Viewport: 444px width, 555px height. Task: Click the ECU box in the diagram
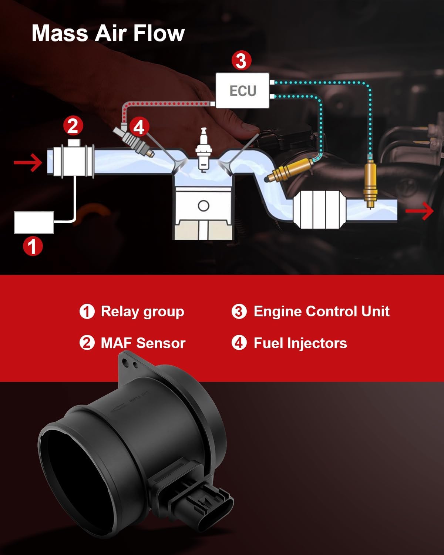pyautogui.click(x=243, y=91)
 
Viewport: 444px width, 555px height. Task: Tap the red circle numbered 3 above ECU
pyautogui.click(x=241, y=61)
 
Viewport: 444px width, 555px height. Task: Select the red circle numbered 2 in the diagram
pyautogui.click(x=73, y=126)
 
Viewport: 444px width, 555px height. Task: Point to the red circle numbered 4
pyautogui.click(x=139, y=127)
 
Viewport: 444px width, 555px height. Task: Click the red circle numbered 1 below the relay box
pyautogui.click(x=33, y=246)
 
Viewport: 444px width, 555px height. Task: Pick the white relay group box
pyautogui.click(x=34, y=222)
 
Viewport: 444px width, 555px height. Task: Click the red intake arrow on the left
pyautogui.click(x=28, y=163)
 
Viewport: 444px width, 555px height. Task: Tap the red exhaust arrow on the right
pyautogui.click(x=420, y=211)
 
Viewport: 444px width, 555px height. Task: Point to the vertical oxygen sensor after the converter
pyautogui.click(x=370, y=183)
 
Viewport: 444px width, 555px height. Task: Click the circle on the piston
pyautogui.click(x=203, y=206)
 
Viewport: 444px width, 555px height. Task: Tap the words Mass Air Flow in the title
pyautogui.click(x=108, y=33)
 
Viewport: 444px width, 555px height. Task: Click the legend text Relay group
pyautogui.click(x=142, y=312)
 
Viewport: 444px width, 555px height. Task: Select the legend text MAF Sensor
pyautogui.click(x=143, y=343)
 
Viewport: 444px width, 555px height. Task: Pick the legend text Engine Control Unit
pyautogui.click(x=321, y=312)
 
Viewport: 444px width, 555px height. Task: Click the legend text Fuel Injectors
pyautogui.click(x=300, y=343)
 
